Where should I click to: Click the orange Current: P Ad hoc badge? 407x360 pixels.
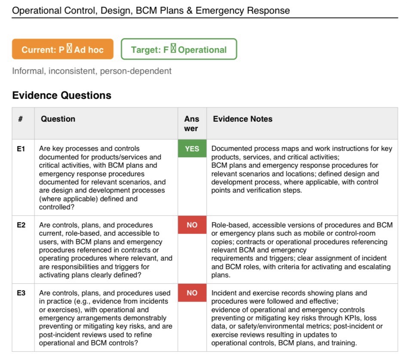point(63,49)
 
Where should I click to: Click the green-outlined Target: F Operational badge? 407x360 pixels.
point(179,49)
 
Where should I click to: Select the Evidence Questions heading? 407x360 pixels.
point(61,95)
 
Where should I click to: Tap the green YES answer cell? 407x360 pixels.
point(192,148)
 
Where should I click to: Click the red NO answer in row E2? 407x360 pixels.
point(192,225)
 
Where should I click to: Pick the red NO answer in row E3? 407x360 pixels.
point(192,293)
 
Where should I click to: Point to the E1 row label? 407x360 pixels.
point(21,149)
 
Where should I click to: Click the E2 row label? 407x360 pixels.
point(21,225)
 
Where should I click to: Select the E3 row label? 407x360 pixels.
point(21,293)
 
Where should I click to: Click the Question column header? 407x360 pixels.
point(58,119)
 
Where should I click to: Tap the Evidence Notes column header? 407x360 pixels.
point(242,119)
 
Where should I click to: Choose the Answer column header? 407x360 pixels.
point(192,123)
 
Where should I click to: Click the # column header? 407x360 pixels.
point(20,119)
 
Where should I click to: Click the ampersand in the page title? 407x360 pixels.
point(189,10)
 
